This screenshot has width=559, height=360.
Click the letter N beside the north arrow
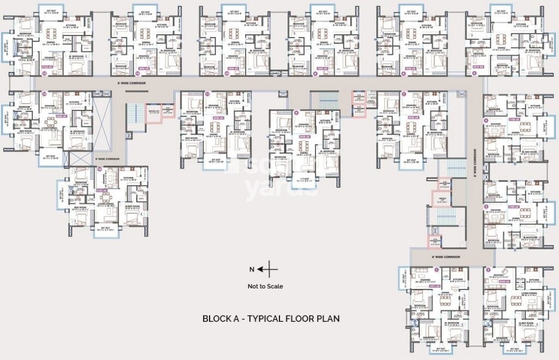[x=252, y=269]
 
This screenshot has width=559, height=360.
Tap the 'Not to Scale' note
[x=265, y=286]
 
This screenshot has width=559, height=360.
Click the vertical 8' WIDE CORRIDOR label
[x=475, y=161]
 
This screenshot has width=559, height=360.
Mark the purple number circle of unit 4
[x=486, y=120]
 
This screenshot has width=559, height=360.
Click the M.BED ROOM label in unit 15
[x=134, y=206]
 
